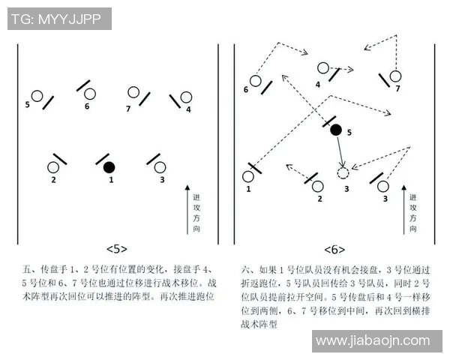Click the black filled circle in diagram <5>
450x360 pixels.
pos(109,166)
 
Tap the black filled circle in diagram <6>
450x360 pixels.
pos(336,130)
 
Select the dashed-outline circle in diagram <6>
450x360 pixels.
pos(343,173)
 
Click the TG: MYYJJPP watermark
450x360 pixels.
pos(58,19)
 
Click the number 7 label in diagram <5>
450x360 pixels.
pos(128,109)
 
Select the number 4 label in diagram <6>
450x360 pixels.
pos(318,85)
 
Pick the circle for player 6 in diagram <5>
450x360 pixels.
pos(90,94)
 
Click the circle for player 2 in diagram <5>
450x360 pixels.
pos(53,167)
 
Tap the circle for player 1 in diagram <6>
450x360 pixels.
pos(248,176)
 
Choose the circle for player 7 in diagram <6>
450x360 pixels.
pos(395,75)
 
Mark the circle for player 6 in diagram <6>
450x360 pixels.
pos(256,81)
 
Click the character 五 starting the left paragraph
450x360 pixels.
pos(28,267)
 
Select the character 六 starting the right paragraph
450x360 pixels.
pos(245,267)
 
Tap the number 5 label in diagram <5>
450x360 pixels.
pos(28,104)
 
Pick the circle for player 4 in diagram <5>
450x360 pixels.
pos(187,97)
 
